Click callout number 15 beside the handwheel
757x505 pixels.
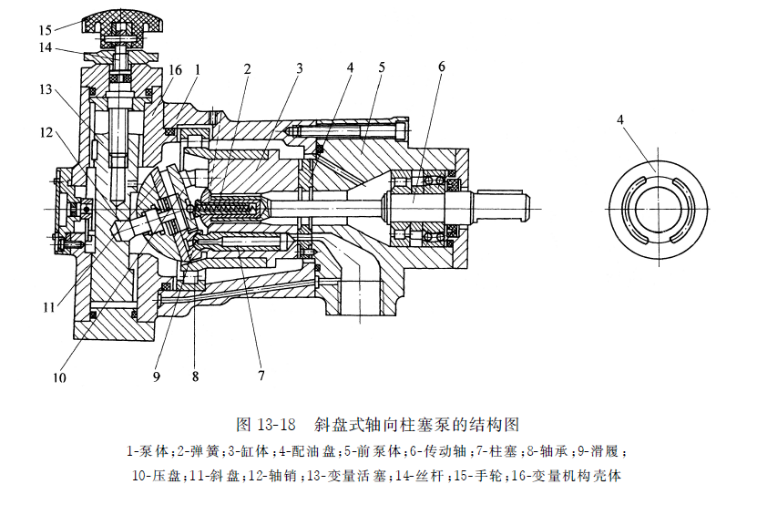[46, 30]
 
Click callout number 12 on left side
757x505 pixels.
[46, 133]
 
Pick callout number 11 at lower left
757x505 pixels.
[47, 307]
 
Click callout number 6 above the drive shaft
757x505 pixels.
[441, 67]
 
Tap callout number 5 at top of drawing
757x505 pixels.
[381, 67]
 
